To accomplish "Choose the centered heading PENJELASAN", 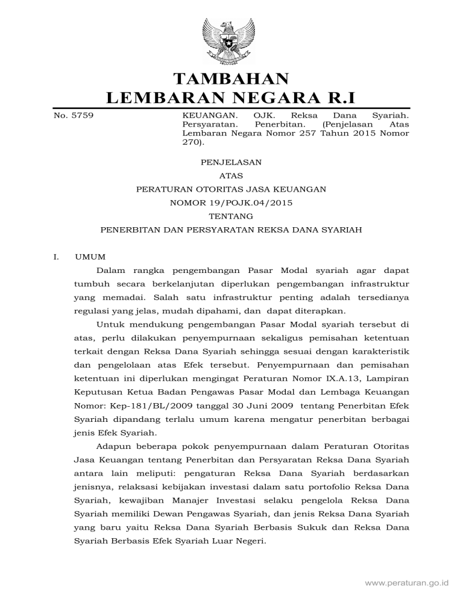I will tap(231, 162).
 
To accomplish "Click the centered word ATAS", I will tap(231, 175).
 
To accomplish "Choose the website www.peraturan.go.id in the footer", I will tap(410, 583).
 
